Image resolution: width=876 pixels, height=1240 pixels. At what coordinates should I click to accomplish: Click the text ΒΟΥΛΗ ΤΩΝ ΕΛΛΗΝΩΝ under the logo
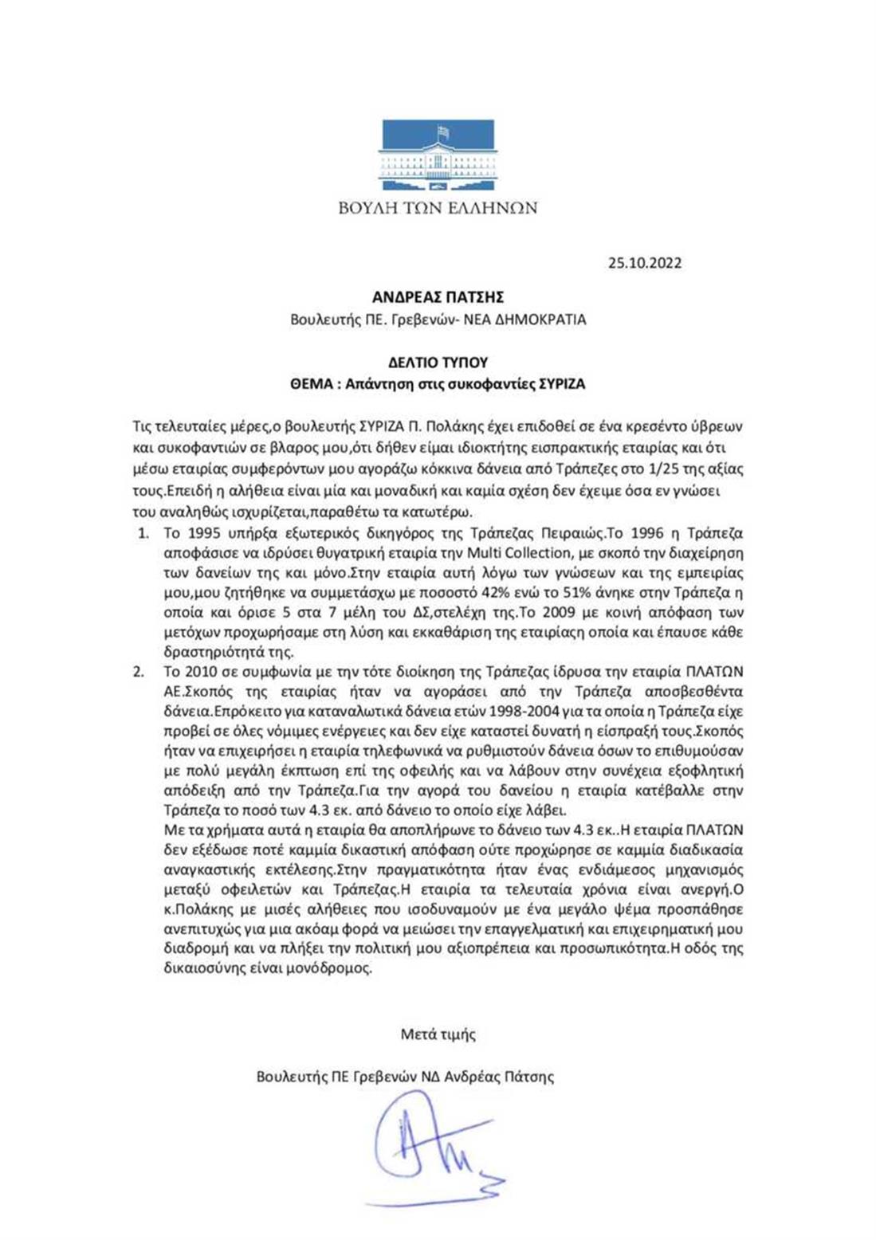point(438,209)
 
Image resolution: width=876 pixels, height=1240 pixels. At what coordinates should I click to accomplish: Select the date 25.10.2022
point(645,263)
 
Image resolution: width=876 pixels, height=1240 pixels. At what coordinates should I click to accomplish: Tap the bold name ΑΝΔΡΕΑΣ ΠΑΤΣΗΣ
point(438,297)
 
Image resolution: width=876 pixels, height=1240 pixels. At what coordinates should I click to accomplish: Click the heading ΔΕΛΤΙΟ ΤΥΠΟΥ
point(438,362)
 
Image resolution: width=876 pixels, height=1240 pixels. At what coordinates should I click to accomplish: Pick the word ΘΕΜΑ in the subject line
point(309,383)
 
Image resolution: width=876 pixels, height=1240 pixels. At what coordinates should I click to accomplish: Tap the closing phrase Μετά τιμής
point(438,1034)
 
